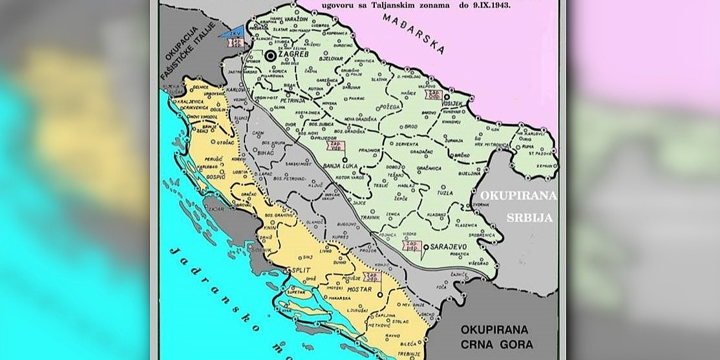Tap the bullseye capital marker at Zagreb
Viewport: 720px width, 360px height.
(x=270, y=57)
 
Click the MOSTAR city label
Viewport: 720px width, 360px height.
(x=359, y=289)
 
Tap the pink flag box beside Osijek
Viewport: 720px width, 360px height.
(x=434, y=94)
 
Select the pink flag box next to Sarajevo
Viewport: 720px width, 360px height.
(x=411, y=246)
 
